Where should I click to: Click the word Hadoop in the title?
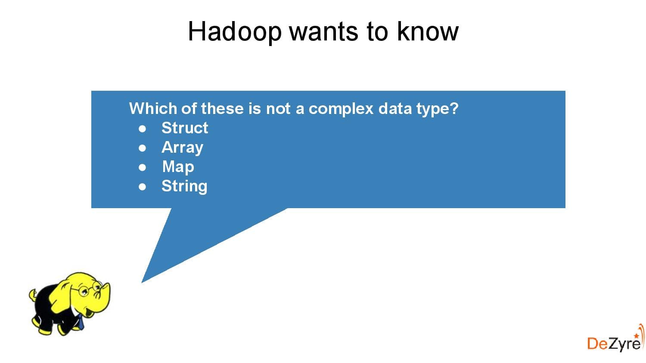coord(235,32)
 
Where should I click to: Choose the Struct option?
coord(184,128)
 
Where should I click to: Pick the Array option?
coord(182,148)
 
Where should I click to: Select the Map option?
coord(178,166)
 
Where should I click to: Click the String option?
coord(184,186)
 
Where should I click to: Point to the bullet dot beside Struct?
coord(143,129)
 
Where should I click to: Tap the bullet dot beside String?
coord(143,187)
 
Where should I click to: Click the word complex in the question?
coord(341,108)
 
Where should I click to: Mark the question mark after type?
coord(454,108)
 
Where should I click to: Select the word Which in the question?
coord(153,108)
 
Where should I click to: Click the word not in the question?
coord(278,108)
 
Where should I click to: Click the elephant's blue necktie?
coord(80,321)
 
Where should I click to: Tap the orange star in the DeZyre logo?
coord(636,335)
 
